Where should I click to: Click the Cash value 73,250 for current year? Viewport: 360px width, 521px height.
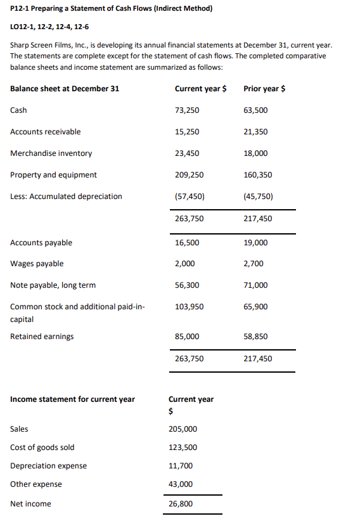click(x=186, y=110)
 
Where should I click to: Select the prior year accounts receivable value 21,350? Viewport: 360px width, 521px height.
click(x=255, y=132)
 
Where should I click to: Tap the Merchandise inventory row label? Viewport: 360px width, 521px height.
click(x=51, y=153)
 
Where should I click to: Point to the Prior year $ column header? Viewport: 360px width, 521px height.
click(x=264, y=89)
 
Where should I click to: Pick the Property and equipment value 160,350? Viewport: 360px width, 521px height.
click(x=257, y=175)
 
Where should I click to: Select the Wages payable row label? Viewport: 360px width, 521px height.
click(x=37, y=264)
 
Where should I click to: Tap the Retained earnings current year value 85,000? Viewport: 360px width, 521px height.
click(x=186, y=337)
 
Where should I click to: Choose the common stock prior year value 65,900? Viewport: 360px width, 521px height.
click(x=255, y=307)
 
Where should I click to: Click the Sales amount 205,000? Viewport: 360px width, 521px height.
click(x=183, y=429)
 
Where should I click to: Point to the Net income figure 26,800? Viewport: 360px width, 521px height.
click(x=181, y=504)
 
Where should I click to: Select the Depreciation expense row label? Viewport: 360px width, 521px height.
click(x=48, y=466)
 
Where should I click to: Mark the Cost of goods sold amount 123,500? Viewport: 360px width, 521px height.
click(x=183, y=447)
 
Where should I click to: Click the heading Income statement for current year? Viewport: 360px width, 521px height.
click(x=72, y=399)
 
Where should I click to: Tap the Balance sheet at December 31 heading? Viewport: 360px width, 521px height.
click(x=64, y=89)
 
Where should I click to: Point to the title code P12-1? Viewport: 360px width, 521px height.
click(x=22, y=9)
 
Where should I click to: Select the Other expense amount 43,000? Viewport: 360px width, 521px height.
click(x=181, y=484)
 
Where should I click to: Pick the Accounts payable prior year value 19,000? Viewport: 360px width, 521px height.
click(x=255, y=243)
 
